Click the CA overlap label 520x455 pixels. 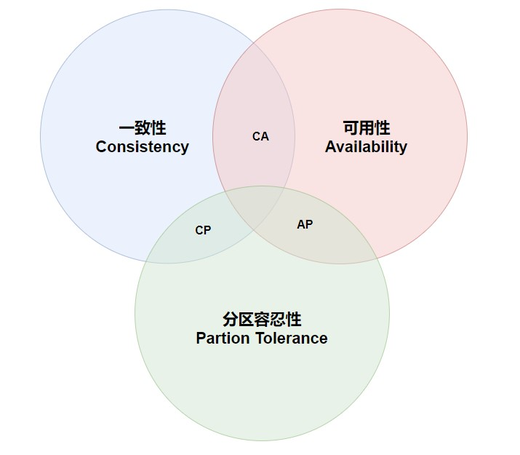pyautogui.click(x=260, y=136)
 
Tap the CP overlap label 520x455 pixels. pyautogui.click(x=203, y=230)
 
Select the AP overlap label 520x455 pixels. pyautogui.click(x=305, y=224)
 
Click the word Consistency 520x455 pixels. pyautogui.click(x=142, y=147)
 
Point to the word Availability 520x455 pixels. pyautogui.click(x=366, y=147)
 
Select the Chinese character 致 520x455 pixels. pyautogui.click(x=143, y=128)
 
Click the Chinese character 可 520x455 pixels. pyautogui.click(x=350, y=128)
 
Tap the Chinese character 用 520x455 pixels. pyautogui.click(x=366, y=128)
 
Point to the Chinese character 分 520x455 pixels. pyautogui.click(x=231, y=320)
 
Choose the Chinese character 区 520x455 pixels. pyautogui.click(x=247, y=320)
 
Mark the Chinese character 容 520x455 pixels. pyautogui.click(x=263, y=320)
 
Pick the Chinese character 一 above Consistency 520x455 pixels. pyautogui.click(x=126, y=128)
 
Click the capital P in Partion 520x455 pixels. pyautogui.click(x=201, y=339)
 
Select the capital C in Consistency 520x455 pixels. pyautogui.click(x=101, y=147)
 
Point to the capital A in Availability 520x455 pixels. pyautogui.click(x=330, y=147)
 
